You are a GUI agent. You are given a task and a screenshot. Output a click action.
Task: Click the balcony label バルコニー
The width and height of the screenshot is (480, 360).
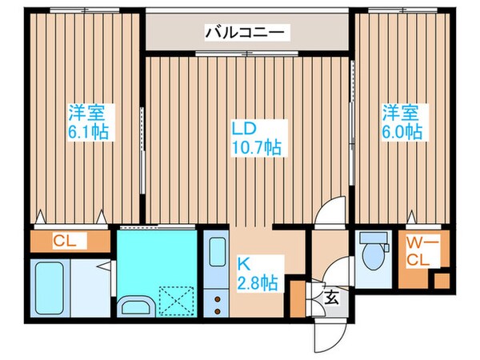tap(247, 33)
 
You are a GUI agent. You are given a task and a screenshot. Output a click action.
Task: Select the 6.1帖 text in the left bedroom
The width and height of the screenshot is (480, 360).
tap(88, 130)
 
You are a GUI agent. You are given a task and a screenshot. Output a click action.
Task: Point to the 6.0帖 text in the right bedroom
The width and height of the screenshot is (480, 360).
tap(400, 130)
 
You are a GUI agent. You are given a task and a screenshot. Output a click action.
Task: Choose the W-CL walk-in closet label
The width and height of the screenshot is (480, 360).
tap(418, 252)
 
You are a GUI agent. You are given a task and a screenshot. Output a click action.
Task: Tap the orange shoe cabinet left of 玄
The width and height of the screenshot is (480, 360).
tap(298, 300)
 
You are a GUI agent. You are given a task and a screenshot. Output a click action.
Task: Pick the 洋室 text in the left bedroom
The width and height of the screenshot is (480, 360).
tap(88, 113)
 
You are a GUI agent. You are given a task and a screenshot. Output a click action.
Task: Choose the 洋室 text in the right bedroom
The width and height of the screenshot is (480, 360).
tap(400, 113)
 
